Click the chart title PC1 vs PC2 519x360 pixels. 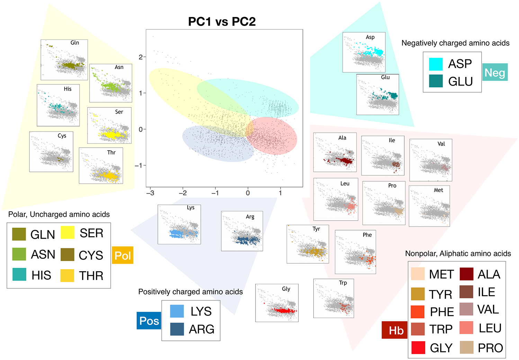[222, 21]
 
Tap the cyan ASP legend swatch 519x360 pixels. [436, 64]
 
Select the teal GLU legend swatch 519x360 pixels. [436, 81]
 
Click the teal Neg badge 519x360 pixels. [495, 72]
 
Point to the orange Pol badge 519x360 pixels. [123, 255]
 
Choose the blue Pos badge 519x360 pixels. [149, 321]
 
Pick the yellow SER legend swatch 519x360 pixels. [68, 232]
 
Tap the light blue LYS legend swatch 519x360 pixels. [177, 311]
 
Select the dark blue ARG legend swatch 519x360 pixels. [177, 329]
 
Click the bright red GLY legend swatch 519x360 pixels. [418, 348]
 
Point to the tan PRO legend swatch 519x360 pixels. [466, 348]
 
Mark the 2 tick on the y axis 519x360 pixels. [141, 57]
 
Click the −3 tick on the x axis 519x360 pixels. [150, 193]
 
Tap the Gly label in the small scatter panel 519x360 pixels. [286, 289]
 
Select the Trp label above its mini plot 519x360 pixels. [343, 283]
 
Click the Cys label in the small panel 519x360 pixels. [62, 136]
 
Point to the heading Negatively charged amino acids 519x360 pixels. [455, 43]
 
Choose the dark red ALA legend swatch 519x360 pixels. [466, 274]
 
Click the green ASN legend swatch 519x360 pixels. [19, 254]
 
